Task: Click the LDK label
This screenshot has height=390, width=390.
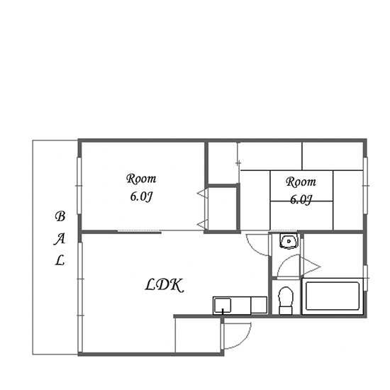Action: [165, 285]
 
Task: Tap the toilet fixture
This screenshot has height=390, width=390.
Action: [286, 301]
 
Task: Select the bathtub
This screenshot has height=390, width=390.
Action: [333, 296]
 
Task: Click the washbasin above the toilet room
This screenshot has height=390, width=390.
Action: [289, 241]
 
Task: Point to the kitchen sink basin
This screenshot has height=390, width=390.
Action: [223, 305]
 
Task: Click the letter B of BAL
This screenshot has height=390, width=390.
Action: [60, 216]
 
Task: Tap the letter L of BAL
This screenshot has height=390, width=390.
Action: [60, 260]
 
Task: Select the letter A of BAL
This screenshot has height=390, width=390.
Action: [60, 238]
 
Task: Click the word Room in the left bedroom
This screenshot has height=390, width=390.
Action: [141, 179]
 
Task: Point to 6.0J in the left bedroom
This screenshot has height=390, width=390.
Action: [141, 196]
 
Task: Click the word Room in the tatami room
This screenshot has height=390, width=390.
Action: [301, 182]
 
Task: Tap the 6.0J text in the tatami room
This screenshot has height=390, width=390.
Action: [301, 199]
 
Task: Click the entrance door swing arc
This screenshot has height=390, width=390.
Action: [245, 340]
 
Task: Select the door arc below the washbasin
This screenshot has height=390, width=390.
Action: [284, 261]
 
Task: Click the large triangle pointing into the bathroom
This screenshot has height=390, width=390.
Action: [311, 267]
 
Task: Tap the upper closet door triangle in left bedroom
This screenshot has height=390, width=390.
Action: [202, 193]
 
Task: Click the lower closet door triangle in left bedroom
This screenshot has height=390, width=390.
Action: [202, 224]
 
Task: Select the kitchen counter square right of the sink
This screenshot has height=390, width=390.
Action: [259, 305]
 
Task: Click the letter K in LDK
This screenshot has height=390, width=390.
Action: [178, 285]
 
